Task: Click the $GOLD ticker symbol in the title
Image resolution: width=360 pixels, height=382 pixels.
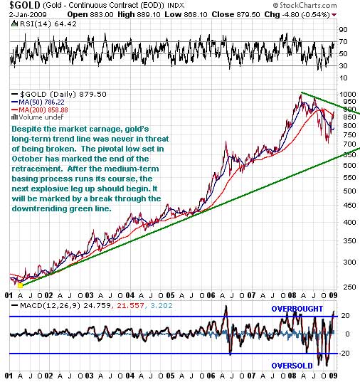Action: point(21,5)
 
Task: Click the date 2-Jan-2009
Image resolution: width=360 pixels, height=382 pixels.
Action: point(28,14)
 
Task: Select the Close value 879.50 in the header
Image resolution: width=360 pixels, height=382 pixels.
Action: point(248,14)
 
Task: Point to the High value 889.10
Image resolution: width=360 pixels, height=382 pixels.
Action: point(149,14)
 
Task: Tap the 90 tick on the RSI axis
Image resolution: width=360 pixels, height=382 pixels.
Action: point(343,29)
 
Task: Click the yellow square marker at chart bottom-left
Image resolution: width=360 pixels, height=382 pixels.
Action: point(20,285)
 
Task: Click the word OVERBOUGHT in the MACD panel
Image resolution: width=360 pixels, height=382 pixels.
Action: point(297,309)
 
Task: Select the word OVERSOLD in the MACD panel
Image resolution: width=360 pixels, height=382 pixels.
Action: point(292,366)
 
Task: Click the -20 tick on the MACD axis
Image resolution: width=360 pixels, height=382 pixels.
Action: point(344,353)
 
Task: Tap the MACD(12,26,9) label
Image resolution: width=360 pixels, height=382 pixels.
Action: point(50,305)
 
